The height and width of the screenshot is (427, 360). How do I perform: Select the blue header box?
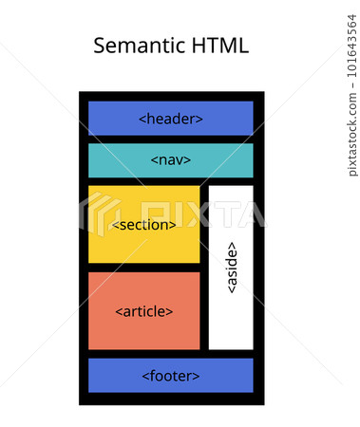click(104, 119)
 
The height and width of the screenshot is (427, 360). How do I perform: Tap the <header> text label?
click(171, 119)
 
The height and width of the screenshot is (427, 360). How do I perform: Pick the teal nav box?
click(109, 160)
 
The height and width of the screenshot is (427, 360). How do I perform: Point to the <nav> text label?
click(171, 160)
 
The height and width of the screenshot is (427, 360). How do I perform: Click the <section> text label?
click(144, 225)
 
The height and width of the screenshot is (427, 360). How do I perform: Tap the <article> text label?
click(144, 311)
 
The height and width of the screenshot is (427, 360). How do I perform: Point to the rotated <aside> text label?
click(231, 268)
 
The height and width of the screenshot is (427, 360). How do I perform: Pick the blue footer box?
click(109, 376)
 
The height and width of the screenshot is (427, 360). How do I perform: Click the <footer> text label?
click(171, 376)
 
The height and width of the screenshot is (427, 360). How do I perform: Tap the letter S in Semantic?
click(101, 46)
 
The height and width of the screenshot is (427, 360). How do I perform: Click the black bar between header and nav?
click(171, 139)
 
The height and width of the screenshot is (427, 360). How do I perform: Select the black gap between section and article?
click(144, 268)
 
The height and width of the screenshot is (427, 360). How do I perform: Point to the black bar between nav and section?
click(171, 181)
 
